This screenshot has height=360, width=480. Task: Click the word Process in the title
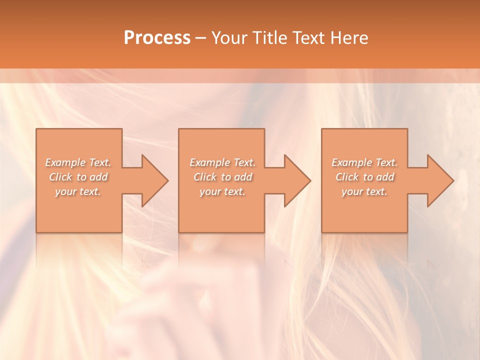(x=157, y=37)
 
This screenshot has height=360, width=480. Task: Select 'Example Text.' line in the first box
(x=78, y=162)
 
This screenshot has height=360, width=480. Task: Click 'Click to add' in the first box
(x=78, y=177)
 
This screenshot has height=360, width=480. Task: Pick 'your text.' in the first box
(x=78, y=191)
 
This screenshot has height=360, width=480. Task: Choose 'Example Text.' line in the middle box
(x=222, y=162)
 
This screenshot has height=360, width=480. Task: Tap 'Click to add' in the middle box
(x=222, y=177)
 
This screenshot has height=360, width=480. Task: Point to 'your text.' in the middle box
(x=222, y=191)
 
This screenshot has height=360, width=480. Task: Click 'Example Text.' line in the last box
(x=364, y=162)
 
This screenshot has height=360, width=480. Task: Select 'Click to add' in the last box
(x=364, y=177)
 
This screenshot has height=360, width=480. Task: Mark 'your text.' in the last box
(x=364, y=191)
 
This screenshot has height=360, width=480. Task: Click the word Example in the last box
(x=352, y=162)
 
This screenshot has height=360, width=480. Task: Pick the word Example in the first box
(x=65, y=162)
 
